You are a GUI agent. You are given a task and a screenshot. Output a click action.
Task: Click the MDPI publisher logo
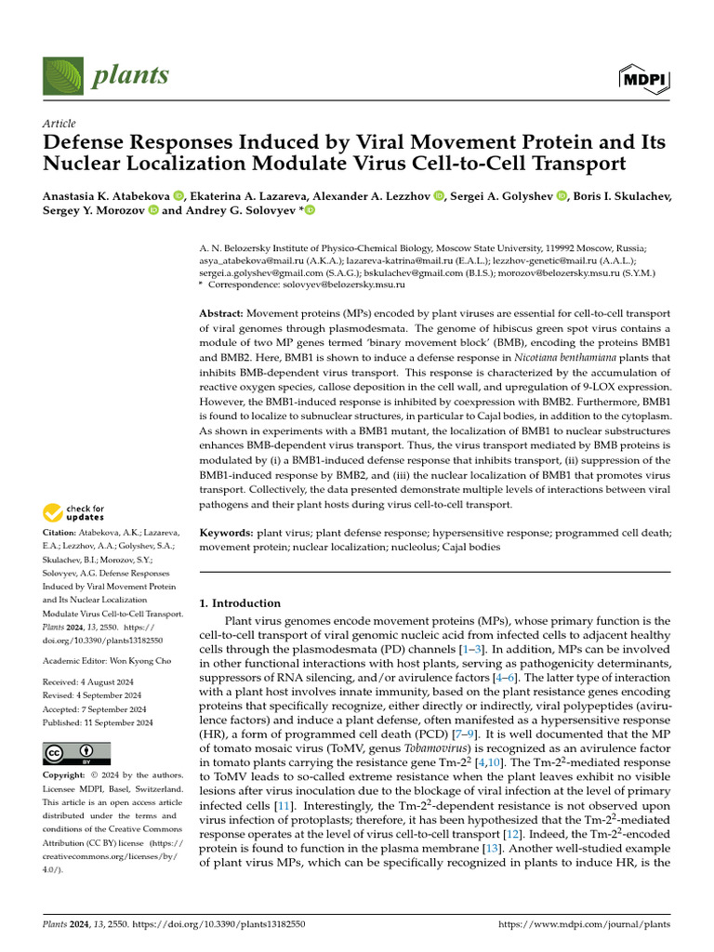[x=644, y=79]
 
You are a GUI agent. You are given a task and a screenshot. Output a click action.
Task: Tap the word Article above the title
[x=59, y=124]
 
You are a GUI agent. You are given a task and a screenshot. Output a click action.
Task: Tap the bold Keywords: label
[x=227, y=533]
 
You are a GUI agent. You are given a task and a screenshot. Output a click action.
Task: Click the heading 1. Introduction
[x=240, y=602]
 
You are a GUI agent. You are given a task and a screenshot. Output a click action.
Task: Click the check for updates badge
[x=73, y=511]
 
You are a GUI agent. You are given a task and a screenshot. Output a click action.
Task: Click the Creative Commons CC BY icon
[x=76, y=754]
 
